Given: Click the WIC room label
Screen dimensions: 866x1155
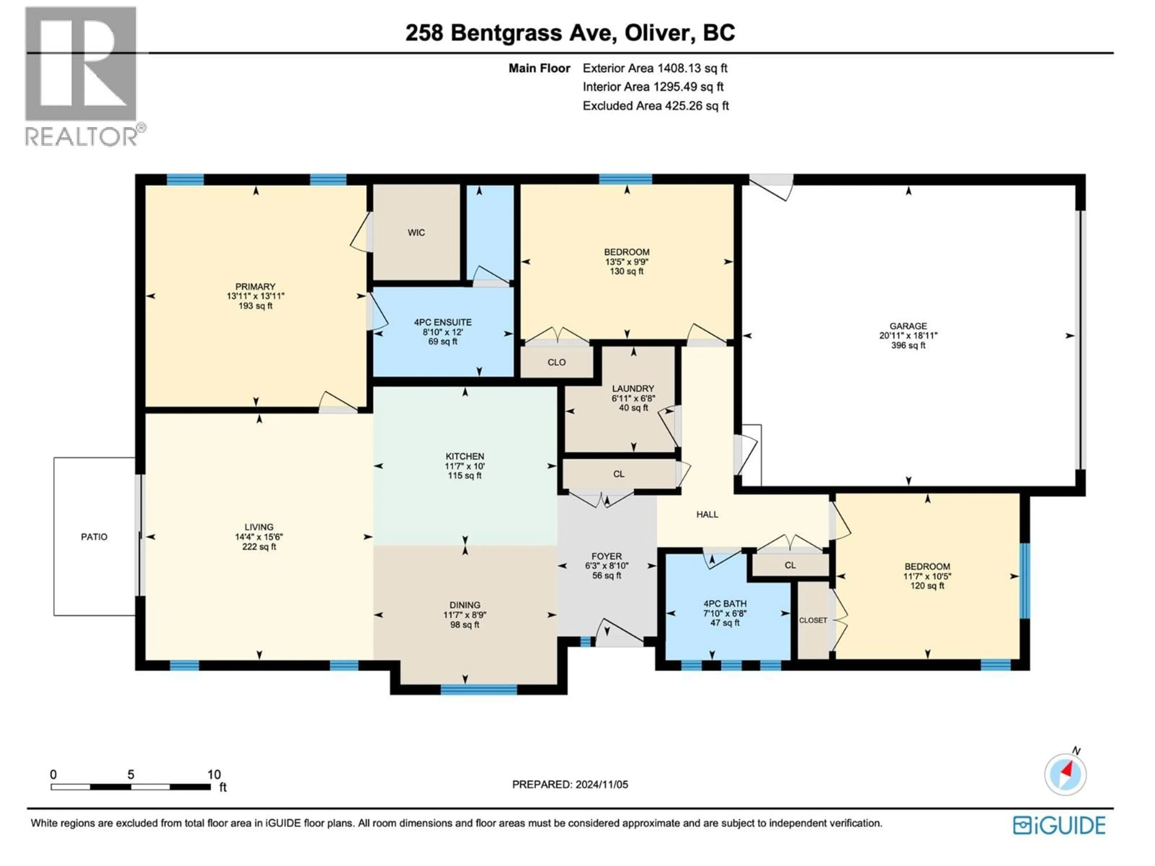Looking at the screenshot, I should click(x=416, y=233).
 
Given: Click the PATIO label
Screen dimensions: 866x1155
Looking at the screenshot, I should click(x=94, y=537).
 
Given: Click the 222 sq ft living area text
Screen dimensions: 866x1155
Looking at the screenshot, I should click(x=259, y=547).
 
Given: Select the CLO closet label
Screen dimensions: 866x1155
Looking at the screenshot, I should click(x=557, y=362).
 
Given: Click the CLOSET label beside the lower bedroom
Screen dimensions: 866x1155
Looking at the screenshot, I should click(x=813, y=620).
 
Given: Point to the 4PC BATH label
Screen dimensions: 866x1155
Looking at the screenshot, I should click(x=725, y=603).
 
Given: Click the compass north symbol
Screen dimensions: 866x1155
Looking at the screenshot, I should click(x=1065, y=774).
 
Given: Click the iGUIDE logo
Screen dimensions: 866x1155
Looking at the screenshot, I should click(x=1059, y=826).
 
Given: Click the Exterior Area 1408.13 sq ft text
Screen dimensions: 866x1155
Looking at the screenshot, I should click(x=655, y=68).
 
